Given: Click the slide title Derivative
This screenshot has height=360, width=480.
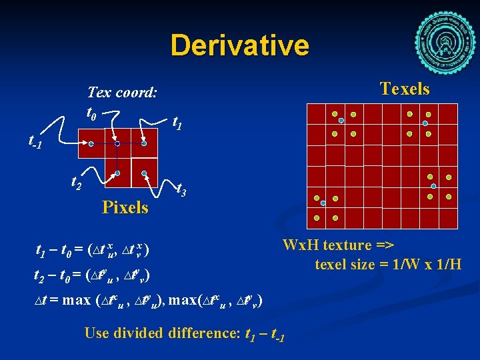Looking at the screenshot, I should click(x=239, y=45).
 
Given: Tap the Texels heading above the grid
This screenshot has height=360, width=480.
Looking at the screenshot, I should click(x=404, y=89).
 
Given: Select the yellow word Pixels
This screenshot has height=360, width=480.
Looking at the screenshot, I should click(x=125, y=207).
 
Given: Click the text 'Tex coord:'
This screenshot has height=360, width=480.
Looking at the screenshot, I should click(x=122, y=92).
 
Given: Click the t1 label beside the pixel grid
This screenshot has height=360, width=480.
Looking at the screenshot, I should click(x=179, y=122).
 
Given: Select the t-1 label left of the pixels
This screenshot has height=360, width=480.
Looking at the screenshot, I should click(x=35, y=141).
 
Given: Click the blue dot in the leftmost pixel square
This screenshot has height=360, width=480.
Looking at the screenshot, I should click(x=91, y=143).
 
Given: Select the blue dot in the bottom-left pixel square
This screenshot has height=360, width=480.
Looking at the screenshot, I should click(x=117, y=173).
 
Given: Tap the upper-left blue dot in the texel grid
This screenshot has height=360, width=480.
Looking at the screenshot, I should click(x=341, y=120).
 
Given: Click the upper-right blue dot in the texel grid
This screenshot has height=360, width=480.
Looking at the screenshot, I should click(x=425, y=123).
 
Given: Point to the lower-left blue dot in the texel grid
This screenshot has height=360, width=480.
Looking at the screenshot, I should click(x=323, y=202).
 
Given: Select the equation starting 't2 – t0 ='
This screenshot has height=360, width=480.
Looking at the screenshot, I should click(x=91, y=275).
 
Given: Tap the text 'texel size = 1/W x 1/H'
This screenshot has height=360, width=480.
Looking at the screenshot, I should click(x=388, y=264).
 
